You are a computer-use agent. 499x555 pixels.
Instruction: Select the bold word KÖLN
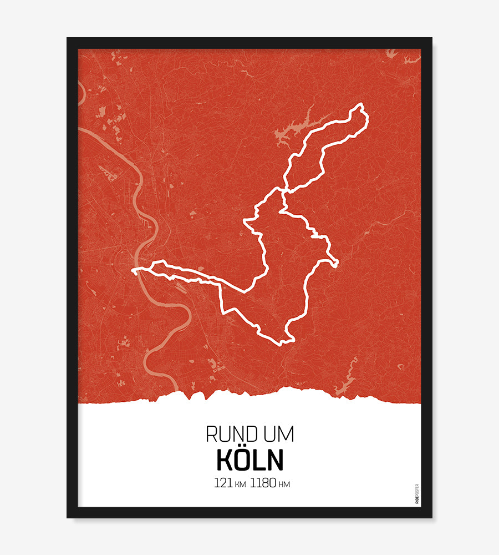point(249,460)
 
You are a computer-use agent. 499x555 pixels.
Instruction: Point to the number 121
point(223,483)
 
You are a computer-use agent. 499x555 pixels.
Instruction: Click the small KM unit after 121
point(240,485)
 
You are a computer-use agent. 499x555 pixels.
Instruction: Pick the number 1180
point(263,483)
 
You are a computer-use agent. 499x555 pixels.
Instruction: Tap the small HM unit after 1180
point(284,485)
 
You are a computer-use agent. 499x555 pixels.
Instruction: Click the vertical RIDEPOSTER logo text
point(417,494)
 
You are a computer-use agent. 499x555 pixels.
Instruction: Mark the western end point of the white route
point(134,271)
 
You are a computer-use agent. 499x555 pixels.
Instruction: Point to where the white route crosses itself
point(284,191)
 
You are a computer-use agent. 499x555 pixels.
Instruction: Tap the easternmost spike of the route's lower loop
point(337,261)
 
